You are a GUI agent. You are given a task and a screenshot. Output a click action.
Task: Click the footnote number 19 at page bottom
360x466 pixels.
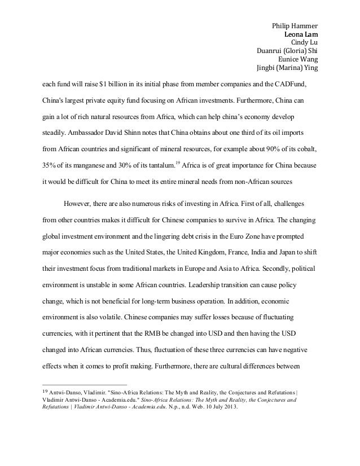[x=39, y=392]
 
